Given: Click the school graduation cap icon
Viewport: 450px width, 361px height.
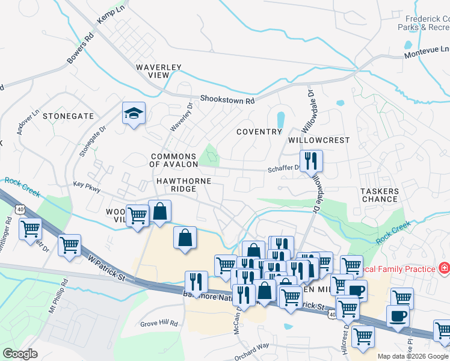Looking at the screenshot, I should [134, 113].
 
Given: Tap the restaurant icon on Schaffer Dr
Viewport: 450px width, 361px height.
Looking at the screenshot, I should [311, 161].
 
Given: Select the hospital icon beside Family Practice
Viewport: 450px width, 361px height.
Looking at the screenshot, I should [445, 268].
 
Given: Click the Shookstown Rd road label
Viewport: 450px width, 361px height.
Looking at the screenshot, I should [228, 99].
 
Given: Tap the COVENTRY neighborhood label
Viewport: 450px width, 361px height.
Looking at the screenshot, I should [259, 132].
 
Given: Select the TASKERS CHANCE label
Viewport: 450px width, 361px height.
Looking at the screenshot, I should [380, 195].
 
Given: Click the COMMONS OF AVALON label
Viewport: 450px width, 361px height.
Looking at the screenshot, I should [174, 160].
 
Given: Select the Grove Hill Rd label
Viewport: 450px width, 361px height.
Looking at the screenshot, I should [159, 324].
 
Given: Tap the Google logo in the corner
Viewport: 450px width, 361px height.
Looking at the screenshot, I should [20, 354].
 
